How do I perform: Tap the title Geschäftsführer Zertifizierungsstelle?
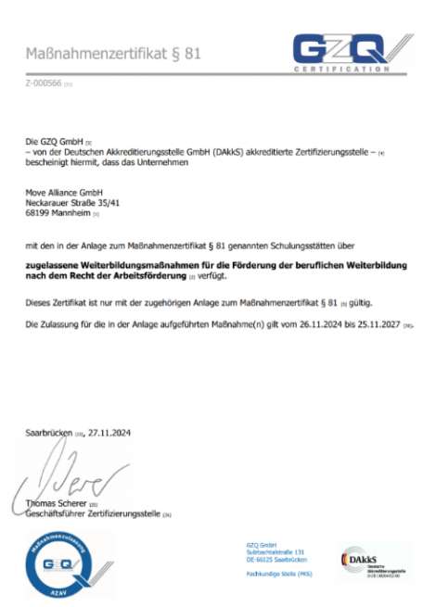tap(92, 513)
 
